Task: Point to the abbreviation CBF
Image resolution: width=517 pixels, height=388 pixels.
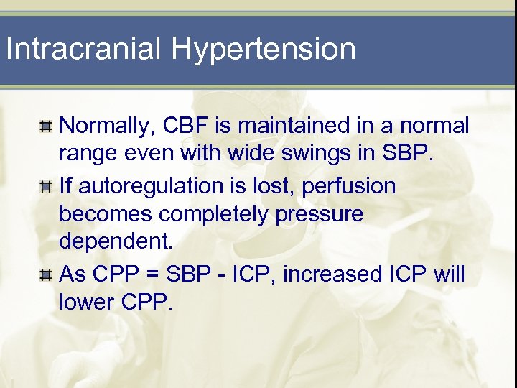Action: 189,126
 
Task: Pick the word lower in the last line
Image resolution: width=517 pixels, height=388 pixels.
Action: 87,302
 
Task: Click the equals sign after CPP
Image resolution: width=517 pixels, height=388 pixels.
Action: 154,274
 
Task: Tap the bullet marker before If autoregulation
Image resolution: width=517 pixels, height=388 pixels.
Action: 45,187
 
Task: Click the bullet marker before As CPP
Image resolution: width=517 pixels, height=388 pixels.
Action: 45,274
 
